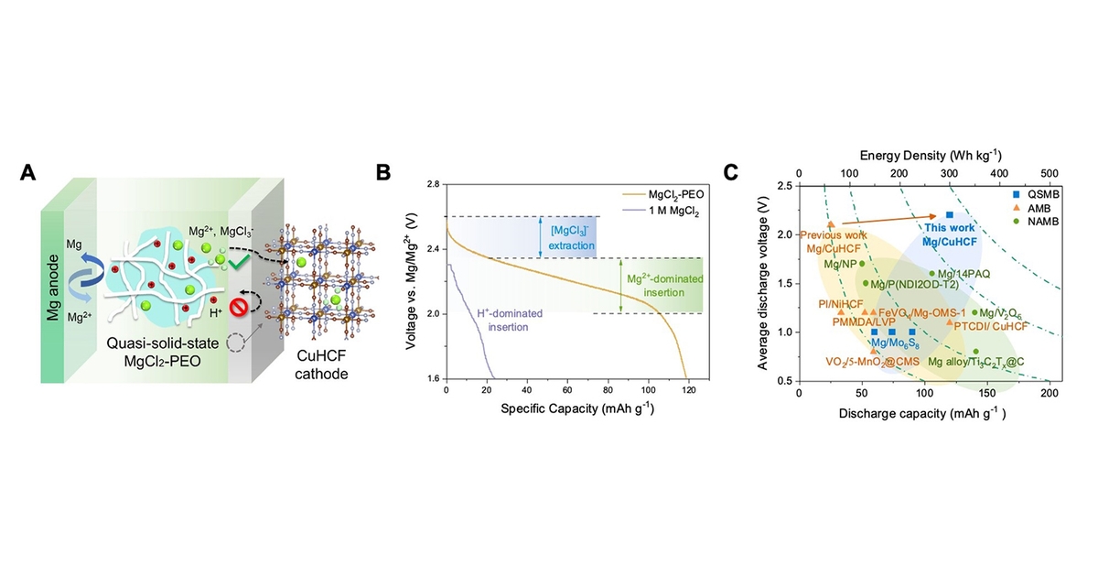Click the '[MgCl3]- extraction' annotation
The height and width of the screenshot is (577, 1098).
[x=571, y=236]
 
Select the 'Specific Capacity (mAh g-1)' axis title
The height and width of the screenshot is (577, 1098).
[x=568, y=406]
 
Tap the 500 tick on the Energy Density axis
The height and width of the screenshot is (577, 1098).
[x=1049, y=172]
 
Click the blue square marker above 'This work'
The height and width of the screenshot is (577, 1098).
[x=950, y=214]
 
